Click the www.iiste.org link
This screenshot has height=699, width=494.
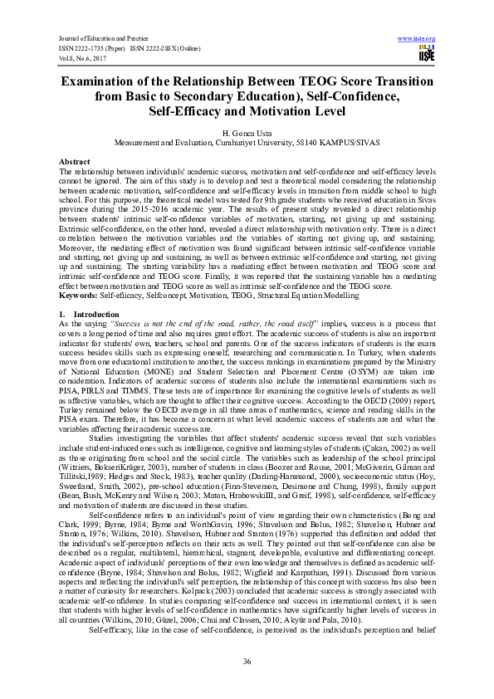click(x=417, y=38)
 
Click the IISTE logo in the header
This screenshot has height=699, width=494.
click(x=427, y=55)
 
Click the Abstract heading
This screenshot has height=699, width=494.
click(x=76, y=160)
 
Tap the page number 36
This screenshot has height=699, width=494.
click(x=247, y=660)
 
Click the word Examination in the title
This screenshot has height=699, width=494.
click(x=110, y=82)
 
